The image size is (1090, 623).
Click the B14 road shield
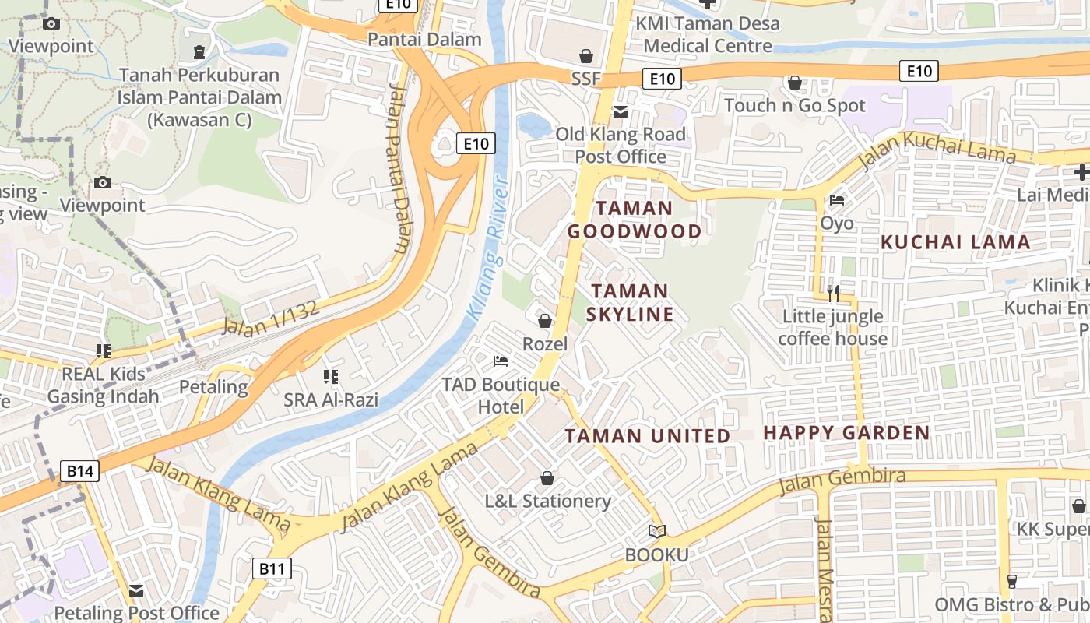pos(80,470)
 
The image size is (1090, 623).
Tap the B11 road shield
pos(272,568)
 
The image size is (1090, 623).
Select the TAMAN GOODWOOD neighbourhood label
pos(634,220)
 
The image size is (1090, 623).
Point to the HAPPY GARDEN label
pos(846,433)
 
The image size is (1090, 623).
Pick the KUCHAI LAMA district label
pos(955,242)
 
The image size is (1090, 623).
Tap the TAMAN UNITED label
pos(648,435)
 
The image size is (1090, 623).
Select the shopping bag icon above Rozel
pos(545,320)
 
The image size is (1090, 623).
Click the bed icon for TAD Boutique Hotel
pos(501,361)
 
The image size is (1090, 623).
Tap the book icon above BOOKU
pos(657,531)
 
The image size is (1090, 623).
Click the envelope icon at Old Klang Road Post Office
pos(621,112)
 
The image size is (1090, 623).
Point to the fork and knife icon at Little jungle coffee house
pos(833,293)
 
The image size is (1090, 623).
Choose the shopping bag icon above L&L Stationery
pos(547,477)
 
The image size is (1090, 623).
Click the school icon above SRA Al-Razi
pos(331,377)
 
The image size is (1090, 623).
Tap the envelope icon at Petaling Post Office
pos(136,590)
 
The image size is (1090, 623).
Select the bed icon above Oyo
pos(837,200)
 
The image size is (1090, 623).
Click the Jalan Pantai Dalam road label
pos(398,179)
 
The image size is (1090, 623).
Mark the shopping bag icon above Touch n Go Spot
pos(795,82)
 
